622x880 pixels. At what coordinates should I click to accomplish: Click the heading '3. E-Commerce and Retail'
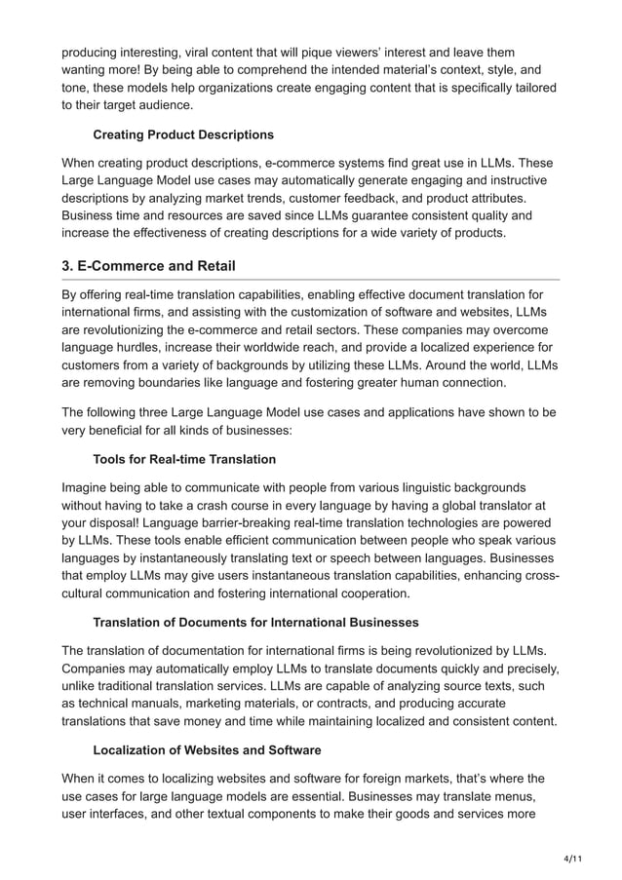[148, 266]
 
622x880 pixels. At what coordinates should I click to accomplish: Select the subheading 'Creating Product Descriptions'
[183, 134]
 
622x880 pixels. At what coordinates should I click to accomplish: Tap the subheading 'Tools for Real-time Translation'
[184, 459]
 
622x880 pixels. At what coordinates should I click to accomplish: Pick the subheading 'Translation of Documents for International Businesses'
[255, 622]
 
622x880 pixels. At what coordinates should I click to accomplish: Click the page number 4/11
[574, 858]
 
